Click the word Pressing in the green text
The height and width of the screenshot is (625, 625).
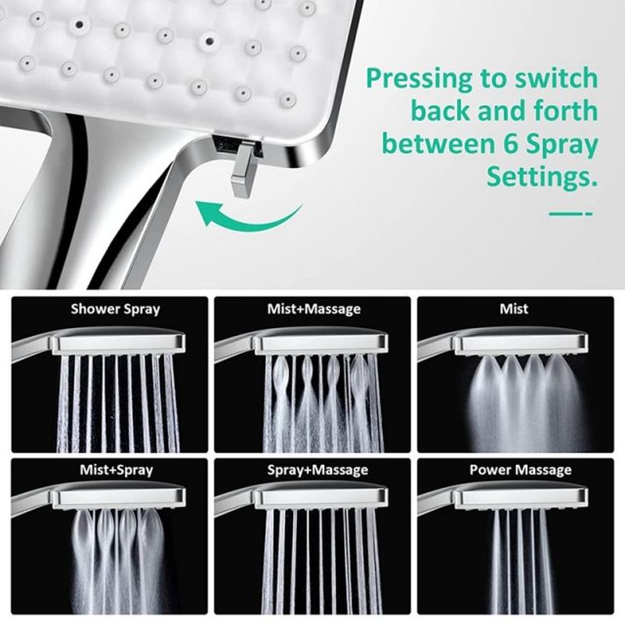tap(419, 78)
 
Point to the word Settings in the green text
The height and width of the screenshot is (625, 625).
tap(537, 177)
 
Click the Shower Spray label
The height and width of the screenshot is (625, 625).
tap(115, 309)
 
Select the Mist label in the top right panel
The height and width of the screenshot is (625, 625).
tap(513, 309)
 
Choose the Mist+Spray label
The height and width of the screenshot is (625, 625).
tap(116, 470)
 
